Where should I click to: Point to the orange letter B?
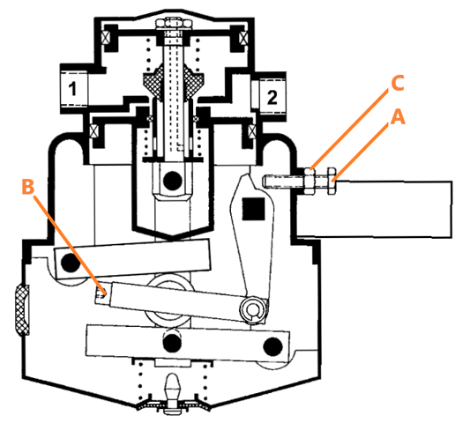click(x=27, y=187)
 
